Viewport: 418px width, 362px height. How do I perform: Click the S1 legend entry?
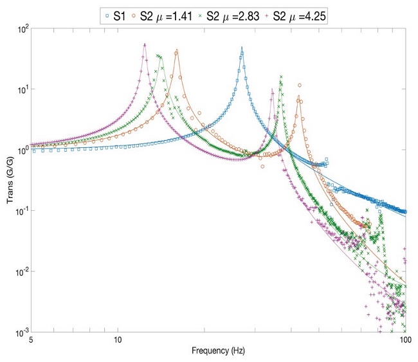118,14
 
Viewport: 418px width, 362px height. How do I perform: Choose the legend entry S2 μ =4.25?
301,14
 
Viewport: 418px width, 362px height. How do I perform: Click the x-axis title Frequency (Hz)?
219,351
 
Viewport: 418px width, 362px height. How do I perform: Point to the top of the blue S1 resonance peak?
242,48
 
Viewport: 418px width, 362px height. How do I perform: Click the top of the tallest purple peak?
145,44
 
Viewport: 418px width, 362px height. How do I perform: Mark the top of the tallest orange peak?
176,50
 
